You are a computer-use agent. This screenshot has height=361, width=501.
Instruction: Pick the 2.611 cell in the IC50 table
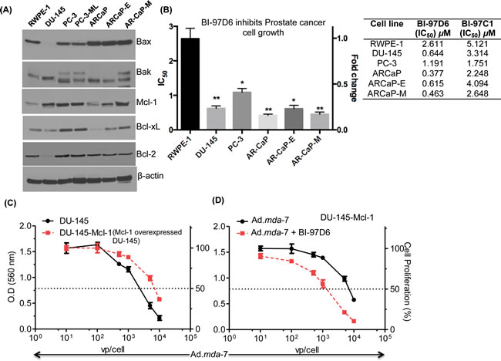[x=430, y=45]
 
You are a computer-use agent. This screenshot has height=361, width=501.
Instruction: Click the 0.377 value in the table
[x=430, y=75]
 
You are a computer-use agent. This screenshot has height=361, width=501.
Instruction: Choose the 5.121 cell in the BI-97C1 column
[x=473, y=45]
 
